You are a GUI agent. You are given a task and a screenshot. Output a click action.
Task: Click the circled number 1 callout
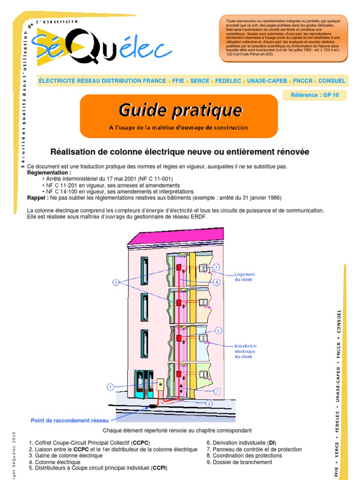[x=110, y=387]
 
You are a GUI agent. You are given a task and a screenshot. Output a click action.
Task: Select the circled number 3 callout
[x=217, y=390]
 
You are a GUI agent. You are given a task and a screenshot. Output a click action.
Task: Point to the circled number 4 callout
[x=217, y=282]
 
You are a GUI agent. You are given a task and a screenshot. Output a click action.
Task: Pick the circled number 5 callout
[x=116, y=282]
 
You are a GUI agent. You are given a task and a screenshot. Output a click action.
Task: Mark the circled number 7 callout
[x=216, y=267]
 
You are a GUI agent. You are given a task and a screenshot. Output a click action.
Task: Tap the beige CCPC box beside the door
[x=160, y=385]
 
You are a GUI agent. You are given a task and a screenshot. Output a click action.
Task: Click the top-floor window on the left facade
[x=144, y=271]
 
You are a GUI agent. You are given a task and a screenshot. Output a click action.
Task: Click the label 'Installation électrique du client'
[x=245, y=351]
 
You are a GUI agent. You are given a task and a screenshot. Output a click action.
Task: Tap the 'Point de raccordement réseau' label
[x=69, y=420]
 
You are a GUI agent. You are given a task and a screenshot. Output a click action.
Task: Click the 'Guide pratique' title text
[x=180, y=111]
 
